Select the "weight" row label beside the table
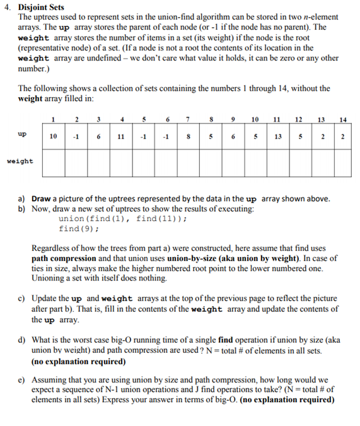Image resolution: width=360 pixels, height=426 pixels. click(20, 161)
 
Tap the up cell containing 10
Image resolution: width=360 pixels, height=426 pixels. click(55, 135)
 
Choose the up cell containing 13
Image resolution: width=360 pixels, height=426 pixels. click(276, 135)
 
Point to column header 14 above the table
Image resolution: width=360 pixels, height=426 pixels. click(342, 120)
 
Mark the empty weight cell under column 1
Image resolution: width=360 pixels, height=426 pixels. click(55, 162)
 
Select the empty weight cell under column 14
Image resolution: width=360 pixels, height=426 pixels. click(342, 162)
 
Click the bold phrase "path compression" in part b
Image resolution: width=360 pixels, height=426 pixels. click(64, 258)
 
